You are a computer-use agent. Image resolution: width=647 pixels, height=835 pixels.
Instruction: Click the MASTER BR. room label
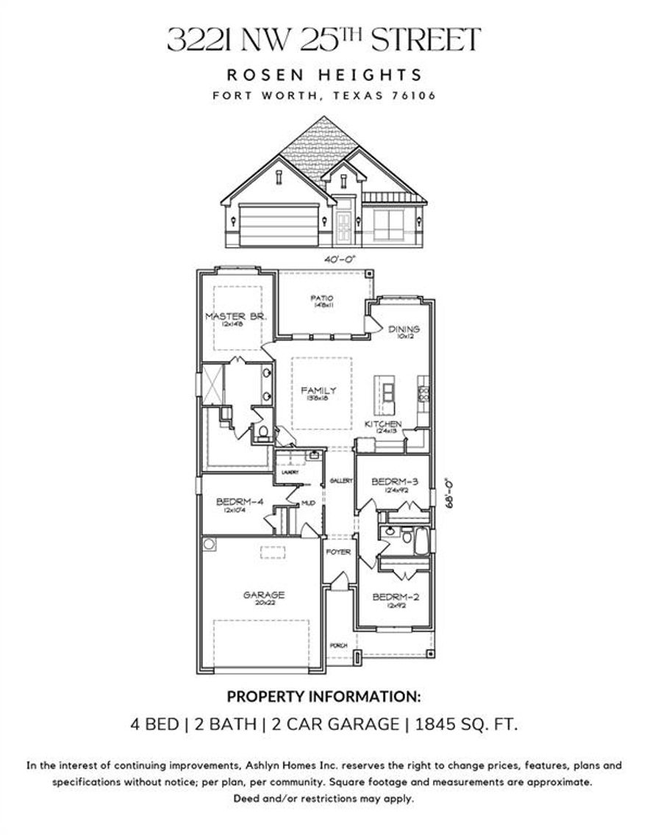tap(235, 317)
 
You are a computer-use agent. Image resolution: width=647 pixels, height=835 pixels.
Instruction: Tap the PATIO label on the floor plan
tap(321, 298)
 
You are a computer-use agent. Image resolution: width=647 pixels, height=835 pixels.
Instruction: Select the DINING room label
tap(404, 329)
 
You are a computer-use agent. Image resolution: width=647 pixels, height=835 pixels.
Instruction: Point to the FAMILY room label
tap(318, 391)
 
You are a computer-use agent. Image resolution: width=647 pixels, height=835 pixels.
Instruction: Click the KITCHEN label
tap(384, 425)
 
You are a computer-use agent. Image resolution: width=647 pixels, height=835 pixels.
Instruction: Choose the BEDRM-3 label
tap(395, 482)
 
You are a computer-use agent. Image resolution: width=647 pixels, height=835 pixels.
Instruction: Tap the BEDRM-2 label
tap(395, 598)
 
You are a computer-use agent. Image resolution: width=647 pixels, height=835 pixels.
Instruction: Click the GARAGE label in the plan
tap(264, 595)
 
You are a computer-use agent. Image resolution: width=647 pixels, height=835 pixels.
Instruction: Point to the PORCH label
tap(338, 645)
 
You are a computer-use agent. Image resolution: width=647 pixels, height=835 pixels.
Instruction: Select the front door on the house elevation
tap(343, 223)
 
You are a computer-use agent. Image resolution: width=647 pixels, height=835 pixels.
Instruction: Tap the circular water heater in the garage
tap(210, 545)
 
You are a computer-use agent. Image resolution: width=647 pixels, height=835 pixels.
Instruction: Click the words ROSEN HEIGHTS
tap(323, 74)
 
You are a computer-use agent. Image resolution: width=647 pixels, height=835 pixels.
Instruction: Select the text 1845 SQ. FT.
tap(467, 724)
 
